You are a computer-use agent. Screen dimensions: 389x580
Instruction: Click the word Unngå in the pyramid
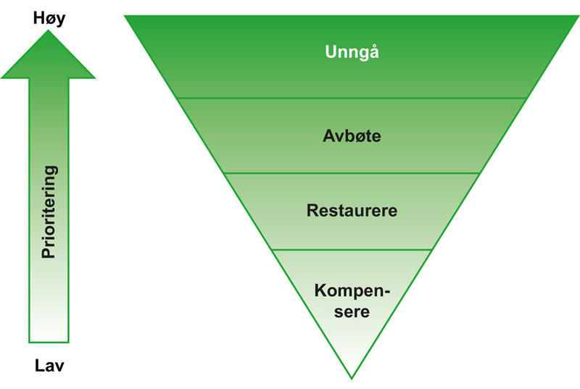[x=352, y=52]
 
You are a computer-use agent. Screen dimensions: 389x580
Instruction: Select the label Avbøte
[x=352, y=135]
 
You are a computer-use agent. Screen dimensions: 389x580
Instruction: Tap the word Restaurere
[x=352, y=211]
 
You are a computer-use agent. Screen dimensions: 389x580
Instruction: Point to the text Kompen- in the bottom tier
[x=352, y=291]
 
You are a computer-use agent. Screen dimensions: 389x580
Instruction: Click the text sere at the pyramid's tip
[x=352, y=313]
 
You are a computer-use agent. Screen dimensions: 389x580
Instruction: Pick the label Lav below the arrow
[x=49, y=366]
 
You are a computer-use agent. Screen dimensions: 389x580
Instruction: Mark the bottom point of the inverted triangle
[x=352, y=377]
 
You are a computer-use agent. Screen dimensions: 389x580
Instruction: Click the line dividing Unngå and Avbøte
[x=352, y=98]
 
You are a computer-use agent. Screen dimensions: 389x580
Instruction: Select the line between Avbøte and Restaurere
[x=352, y=173]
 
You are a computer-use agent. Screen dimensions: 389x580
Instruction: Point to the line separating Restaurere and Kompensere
[x=352, y=249]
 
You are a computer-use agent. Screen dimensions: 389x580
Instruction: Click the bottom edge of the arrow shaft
[x=49, y=341]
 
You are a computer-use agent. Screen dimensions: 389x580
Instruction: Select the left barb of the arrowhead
[x=6, y=75]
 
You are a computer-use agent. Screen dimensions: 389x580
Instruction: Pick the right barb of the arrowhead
[x=91, y=75]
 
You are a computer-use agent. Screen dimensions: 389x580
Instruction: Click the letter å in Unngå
[x=374, y=52]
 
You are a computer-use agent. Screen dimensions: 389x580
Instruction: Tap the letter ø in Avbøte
[x=357, y=135]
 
